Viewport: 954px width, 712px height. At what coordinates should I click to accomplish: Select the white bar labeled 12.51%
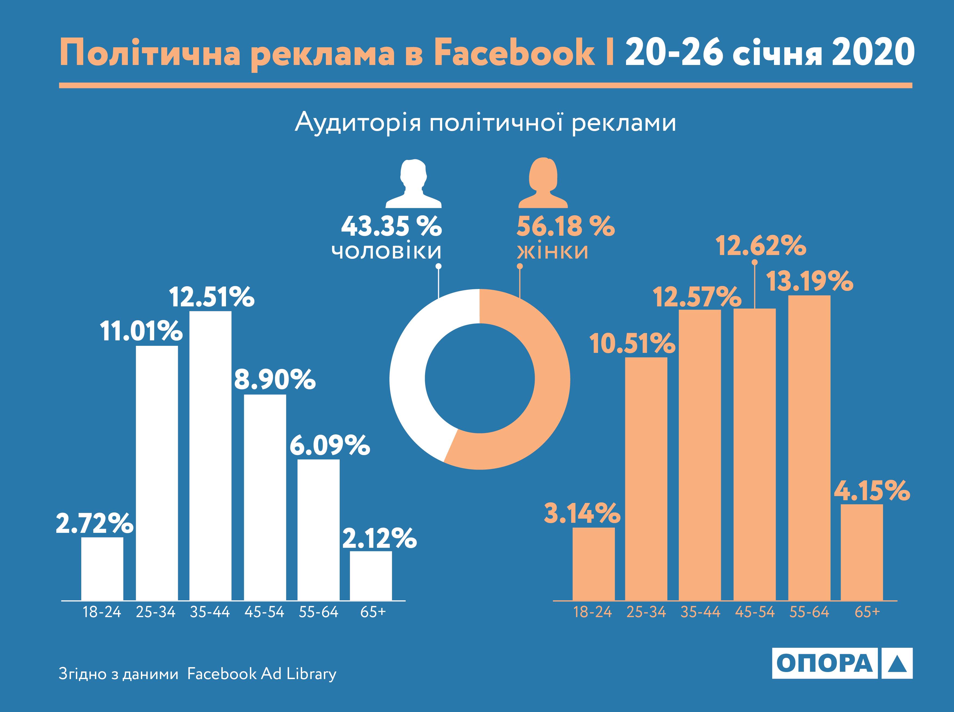click(210, 455)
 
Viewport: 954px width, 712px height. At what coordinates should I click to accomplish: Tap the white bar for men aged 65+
click(371, 575)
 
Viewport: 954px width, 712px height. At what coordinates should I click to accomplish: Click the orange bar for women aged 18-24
click(594, 563)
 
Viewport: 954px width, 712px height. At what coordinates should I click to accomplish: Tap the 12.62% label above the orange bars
click(761, 246)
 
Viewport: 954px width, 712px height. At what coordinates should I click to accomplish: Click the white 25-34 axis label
click(156, 612)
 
